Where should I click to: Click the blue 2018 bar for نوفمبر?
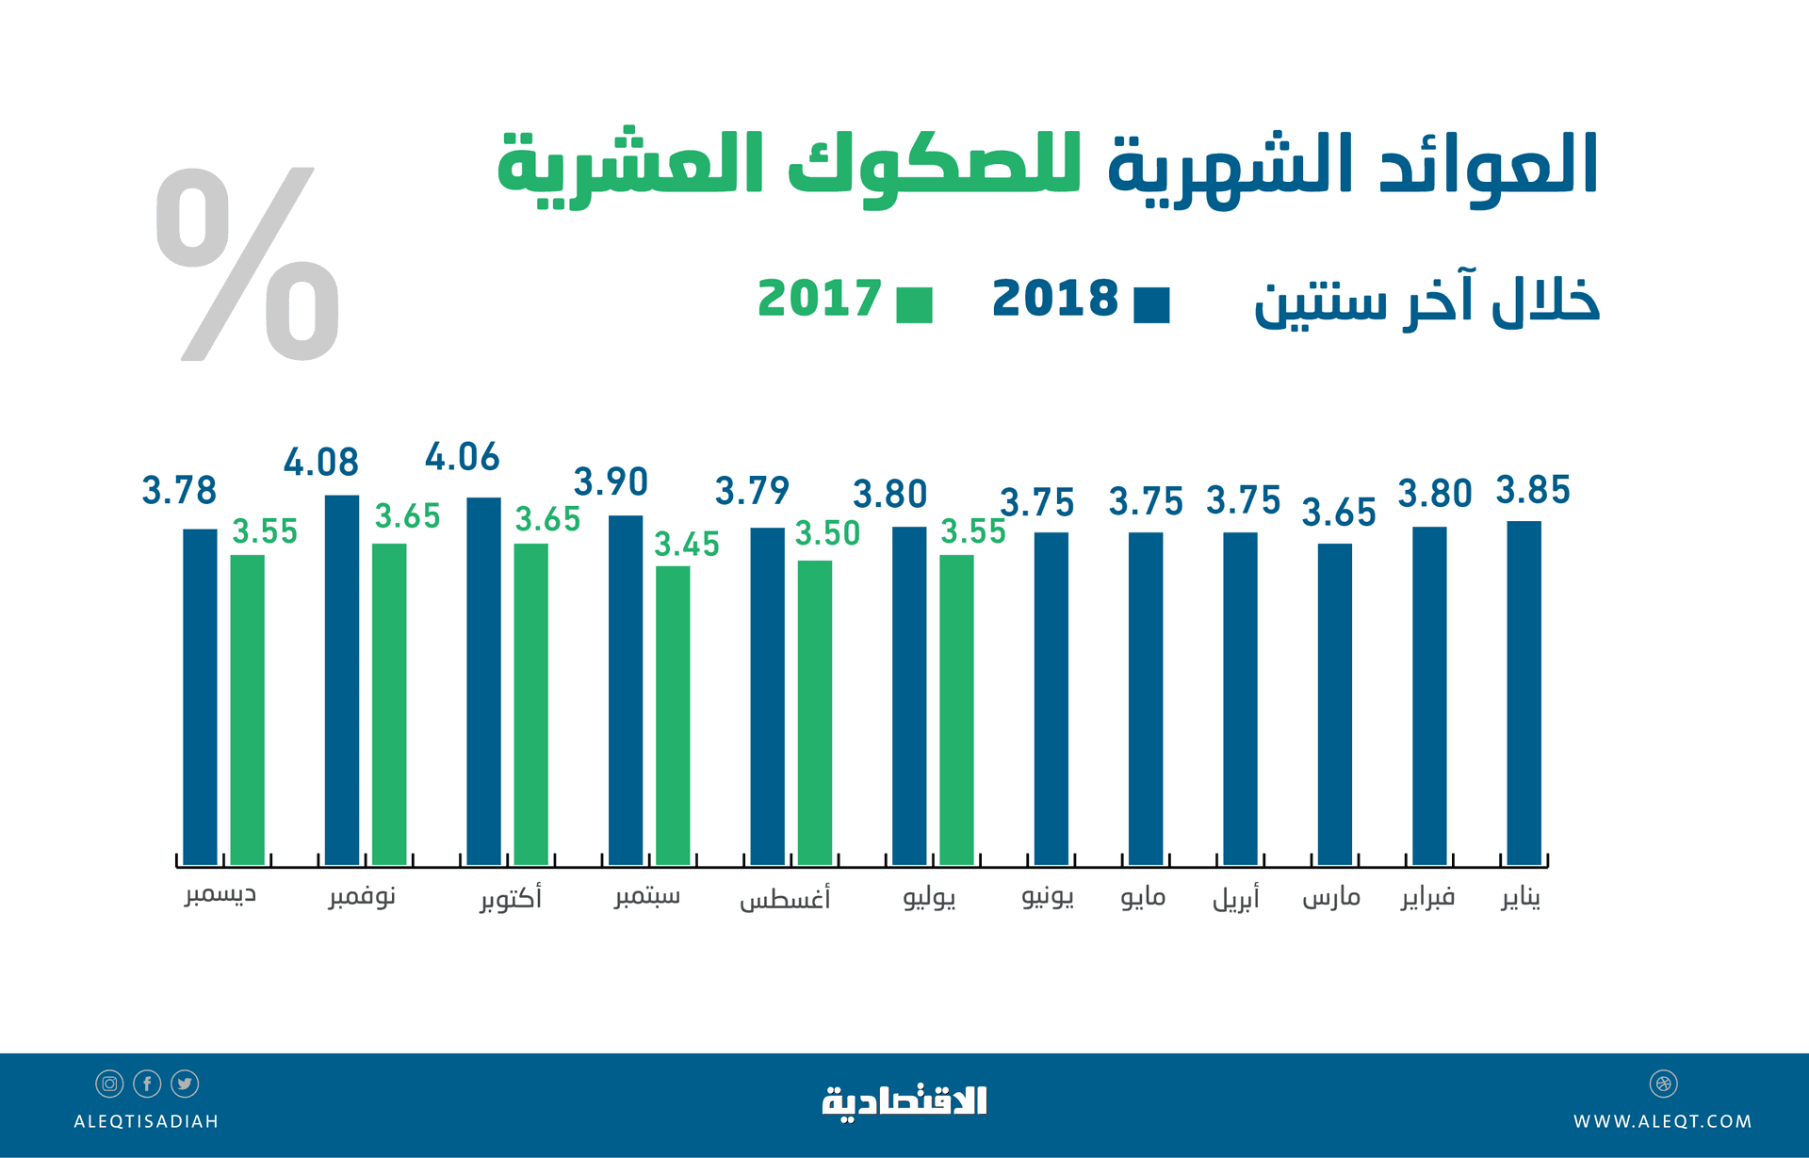point(341,678)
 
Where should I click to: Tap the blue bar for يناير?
point(1524,693)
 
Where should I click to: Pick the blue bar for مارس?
point(1334,703)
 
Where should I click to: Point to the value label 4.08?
point(321,463)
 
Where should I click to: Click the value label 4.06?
point(462,458)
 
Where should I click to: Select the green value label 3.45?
point(687,545)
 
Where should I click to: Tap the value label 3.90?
point(611,482)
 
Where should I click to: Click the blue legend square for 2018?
point(1151,305)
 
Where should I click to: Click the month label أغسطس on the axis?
point(785,897)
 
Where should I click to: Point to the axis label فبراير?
point(1427,897)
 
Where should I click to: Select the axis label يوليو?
point(929,897)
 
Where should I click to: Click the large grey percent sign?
point(248,264)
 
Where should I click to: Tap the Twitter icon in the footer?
point(185,1084)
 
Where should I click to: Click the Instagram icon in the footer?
point(109,1084)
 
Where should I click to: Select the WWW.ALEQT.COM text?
point(1662,1121)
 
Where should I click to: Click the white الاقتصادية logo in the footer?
point(904,1101)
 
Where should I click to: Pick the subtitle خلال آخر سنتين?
point(1426,302)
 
